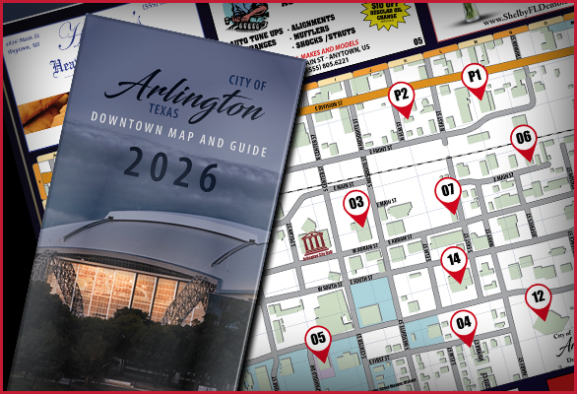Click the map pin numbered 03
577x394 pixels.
[x=356, y=205]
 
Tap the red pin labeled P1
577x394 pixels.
[x=476, y=76]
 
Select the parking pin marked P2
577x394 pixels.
[x=402, y=95]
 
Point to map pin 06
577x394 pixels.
[x=524, y=139]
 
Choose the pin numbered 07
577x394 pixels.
[x=448, y=190]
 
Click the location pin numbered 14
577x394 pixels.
[x=453, y=260]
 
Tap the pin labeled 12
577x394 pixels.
[x=539, y=295]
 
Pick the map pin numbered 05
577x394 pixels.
[x=318, y=340]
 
